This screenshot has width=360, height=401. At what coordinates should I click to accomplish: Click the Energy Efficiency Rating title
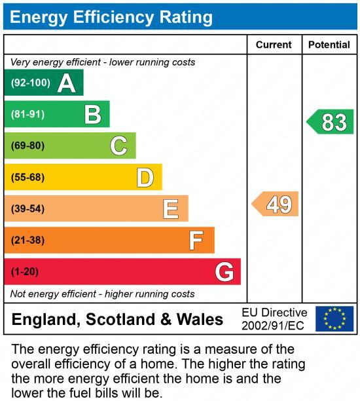coord(111,17)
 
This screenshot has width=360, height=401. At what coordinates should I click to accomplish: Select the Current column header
coord(274,45)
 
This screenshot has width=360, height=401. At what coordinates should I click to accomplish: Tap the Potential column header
coord(329,45)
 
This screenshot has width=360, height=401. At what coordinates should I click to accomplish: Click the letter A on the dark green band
coord(66,83)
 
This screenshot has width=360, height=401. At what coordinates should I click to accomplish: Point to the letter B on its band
coord(93,115)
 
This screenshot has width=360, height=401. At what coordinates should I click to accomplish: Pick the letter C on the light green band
coord(118,145)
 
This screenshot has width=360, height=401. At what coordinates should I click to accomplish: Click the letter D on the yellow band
coord(145,177)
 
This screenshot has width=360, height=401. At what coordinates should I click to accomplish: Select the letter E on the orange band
coord(171,208)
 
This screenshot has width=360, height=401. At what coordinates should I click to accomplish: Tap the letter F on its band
coord(196,240)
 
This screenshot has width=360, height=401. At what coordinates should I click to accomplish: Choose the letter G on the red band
coord(225,272)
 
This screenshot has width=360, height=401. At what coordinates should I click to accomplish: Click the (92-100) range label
coord(31,83)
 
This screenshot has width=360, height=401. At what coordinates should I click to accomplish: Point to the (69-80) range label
coord(28,145)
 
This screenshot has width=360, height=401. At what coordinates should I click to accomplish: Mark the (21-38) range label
coord(28,240)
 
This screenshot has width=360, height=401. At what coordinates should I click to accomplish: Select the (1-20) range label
coord(26,272)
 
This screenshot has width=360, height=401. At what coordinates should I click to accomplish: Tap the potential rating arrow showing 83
coord(331,123)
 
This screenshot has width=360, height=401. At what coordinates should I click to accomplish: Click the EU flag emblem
coord(334,319)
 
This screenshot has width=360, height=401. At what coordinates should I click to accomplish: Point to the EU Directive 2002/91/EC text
coord(274,319)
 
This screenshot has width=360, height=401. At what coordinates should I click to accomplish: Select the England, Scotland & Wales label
coord(118,320)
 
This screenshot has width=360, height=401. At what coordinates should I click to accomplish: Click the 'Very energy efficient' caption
coord(103,62)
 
